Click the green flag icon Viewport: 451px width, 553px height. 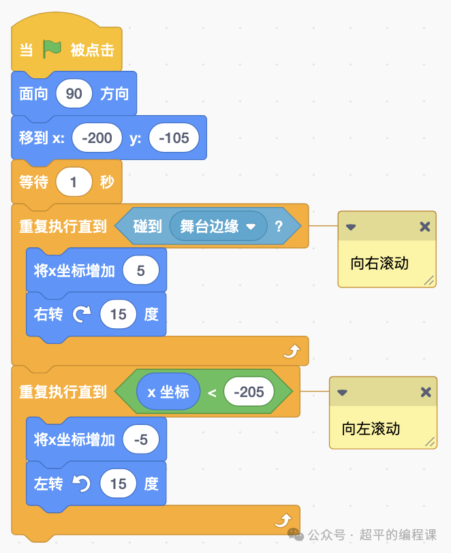[52, 49]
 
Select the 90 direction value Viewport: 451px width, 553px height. [74, 93]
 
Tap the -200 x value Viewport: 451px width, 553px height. [97, 138]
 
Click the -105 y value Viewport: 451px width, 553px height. [174, 138]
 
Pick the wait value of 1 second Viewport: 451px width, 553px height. [74, 183]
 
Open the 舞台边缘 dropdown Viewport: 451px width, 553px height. [251, 227]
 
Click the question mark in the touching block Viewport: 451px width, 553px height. [279, 227]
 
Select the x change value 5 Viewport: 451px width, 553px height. [141, 271]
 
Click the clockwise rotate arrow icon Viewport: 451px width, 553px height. [82, 315]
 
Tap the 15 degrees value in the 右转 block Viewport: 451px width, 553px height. [119, 315]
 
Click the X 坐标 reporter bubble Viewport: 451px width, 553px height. [168, 392]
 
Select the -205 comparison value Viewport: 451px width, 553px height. [249, 392]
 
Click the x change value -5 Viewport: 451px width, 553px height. [141, 440]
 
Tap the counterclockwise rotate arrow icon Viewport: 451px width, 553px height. [82, 484]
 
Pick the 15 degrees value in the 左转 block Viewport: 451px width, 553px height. [119, 484]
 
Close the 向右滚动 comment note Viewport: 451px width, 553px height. [425, 227]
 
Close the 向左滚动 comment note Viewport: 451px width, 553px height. [425, 392]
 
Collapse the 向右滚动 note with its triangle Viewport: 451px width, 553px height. [351, 227]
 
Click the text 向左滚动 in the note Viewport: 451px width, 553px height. [371, 429]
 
